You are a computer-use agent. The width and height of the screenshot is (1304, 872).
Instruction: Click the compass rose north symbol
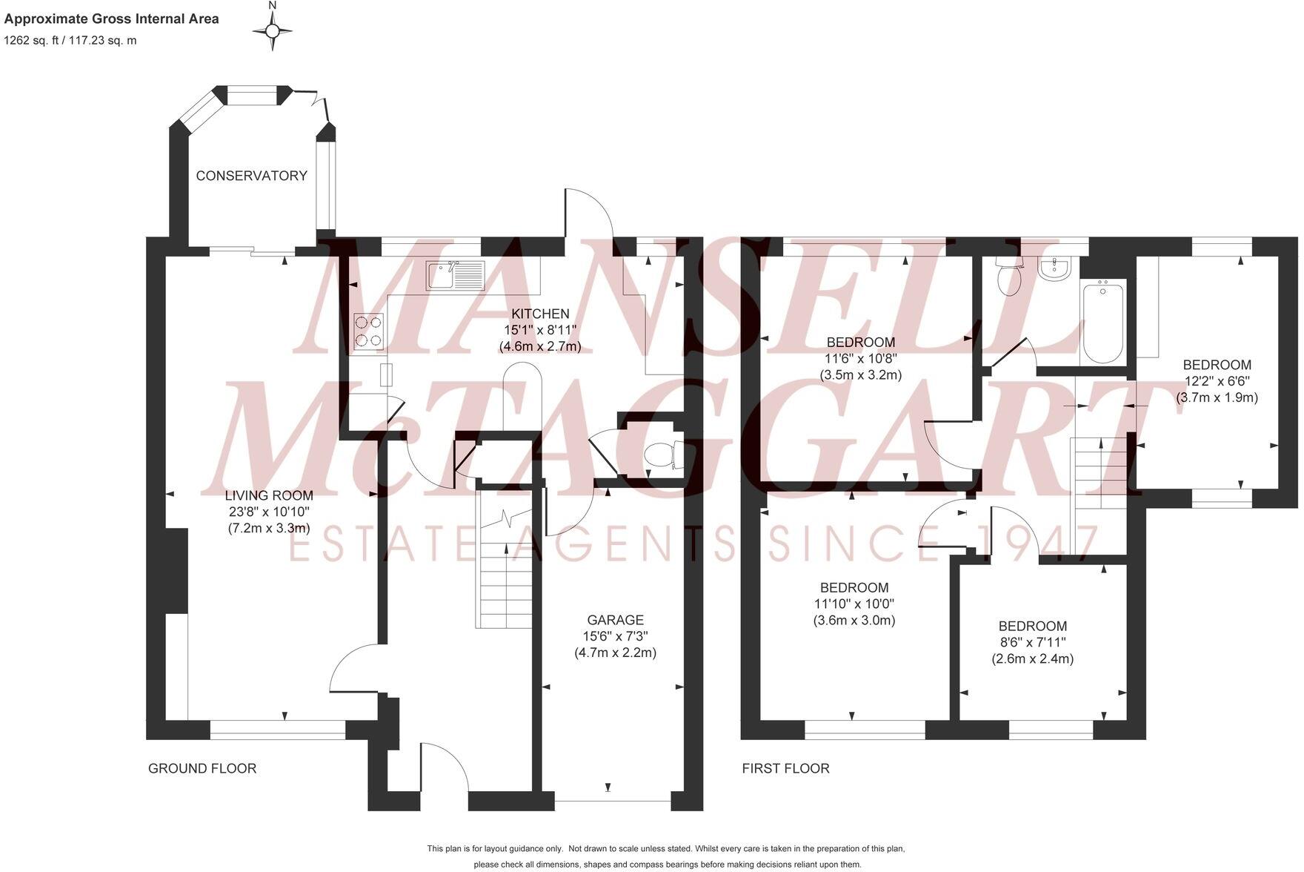tap(272, 30)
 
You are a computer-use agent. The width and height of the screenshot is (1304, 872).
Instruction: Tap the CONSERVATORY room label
tap(251, 176)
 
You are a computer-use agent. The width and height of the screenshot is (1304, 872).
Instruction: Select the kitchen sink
tap(454, 275)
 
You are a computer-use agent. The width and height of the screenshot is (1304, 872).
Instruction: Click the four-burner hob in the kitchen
tap(369, 331)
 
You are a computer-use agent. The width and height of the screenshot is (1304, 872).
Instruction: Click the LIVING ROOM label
tap(269, 495)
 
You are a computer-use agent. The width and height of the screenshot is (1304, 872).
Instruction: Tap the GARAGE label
tap(615, 620)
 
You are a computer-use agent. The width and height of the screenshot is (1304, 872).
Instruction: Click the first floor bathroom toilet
tap(1008, 277)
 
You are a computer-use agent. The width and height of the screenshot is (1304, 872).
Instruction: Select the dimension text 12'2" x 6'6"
tap(1217, 381)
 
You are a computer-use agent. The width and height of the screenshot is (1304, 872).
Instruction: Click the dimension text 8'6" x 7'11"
tap(1032, 642)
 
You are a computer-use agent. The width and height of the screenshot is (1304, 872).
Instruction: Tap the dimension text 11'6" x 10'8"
tap(860, 358)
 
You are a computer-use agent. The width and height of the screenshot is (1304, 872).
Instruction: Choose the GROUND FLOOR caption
tap(202, 768)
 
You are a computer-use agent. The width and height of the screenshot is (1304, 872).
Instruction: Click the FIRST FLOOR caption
tap(785, 768)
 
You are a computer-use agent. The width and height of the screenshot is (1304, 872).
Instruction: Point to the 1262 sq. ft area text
tap(70, 41)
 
